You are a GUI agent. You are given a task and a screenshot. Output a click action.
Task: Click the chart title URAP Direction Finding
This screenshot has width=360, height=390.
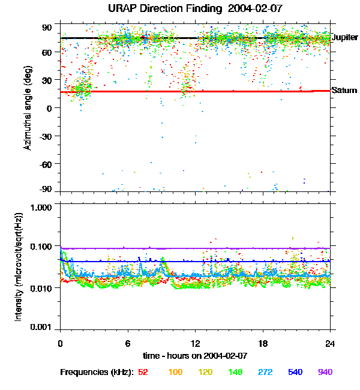179,9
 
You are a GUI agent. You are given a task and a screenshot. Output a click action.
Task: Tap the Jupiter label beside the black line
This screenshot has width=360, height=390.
344,37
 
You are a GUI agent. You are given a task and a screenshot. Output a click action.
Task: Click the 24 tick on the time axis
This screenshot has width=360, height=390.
330,343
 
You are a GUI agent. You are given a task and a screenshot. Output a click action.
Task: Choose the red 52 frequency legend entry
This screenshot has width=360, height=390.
143,373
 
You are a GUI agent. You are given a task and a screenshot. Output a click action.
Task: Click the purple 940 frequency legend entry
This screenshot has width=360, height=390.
325,373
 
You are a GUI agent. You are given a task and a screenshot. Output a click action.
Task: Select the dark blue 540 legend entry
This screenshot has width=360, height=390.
295,373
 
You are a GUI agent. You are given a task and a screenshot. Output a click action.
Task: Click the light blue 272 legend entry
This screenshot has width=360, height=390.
266,373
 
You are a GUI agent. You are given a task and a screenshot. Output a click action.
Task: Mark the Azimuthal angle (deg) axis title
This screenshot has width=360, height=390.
28,108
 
